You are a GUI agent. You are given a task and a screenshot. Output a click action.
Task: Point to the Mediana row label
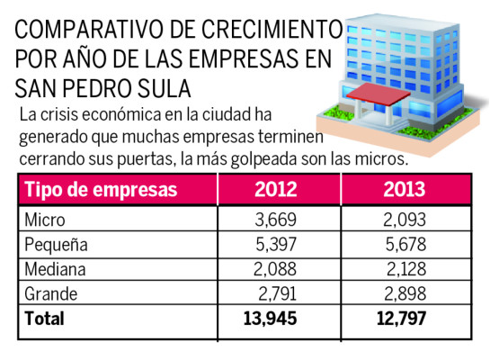click(55, 269)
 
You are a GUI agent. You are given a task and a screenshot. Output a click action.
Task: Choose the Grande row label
click(51, 293)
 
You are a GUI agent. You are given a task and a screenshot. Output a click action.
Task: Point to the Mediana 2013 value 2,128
click(404, 269)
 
